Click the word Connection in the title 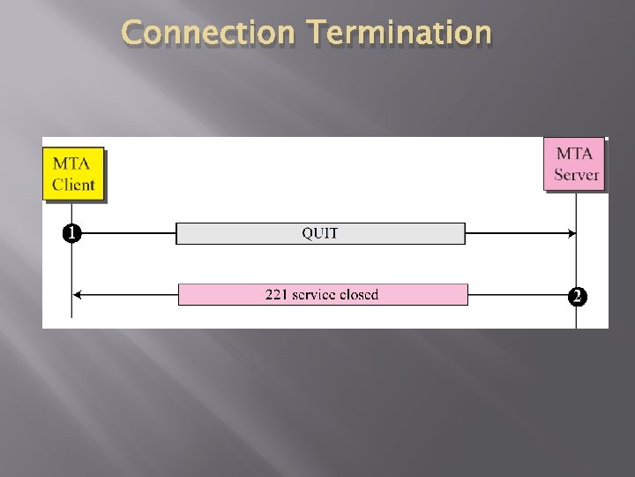coord(208,33)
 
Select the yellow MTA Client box coord(74,173)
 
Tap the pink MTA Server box coord(575,163)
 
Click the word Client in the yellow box coord(74,185)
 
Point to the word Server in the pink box coord(577,175)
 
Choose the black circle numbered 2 coord(576,296)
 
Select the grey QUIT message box coord(320,233)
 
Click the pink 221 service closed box coord(323,294)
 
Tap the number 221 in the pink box coord(278,294)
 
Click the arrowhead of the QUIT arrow coord(571,233)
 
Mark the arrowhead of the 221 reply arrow coord(78,294)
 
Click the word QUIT coord(320,233)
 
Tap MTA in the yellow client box coord(71,163)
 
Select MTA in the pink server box coord(575,153)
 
